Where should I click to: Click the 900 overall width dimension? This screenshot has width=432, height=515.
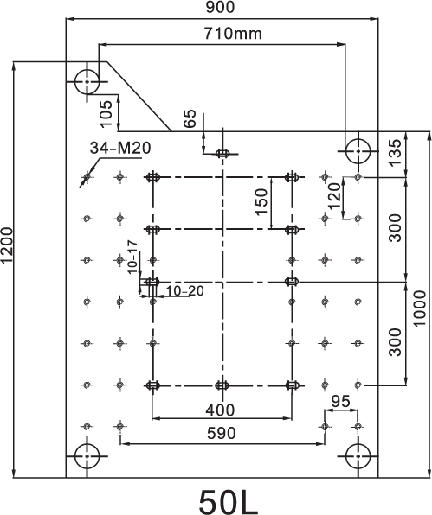pos(221,7)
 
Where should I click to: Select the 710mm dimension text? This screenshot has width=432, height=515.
pos(233,34)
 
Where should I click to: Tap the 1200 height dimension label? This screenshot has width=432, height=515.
pos(7,245)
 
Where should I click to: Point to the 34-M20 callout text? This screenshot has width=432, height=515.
pos(120,148)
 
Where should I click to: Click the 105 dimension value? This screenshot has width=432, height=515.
pos(106,114)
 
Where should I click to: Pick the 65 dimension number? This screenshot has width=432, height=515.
pos(190,118)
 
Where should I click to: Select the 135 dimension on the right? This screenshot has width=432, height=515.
pos(395,153)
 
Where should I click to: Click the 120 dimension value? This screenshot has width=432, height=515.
pos(335,196)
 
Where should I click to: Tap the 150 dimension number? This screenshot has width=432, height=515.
pos(261,201)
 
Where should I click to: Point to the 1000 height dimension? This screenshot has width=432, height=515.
pos(420,308)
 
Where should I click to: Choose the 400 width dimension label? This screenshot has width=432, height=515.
pos(221,410)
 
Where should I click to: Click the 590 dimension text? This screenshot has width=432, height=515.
pos(222,434)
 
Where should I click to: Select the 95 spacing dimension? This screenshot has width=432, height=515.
pos(340,401)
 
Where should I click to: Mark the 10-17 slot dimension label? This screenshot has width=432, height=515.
pos(132,257)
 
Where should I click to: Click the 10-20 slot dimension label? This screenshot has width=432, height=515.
pos(184,291)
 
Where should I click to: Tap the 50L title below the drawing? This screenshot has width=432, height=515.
pos(229,502)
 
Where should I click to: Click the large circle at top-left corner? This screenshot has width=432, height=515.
pos(87,70)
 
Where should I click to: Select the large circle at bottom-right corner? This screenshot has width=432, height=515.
pos(358,444)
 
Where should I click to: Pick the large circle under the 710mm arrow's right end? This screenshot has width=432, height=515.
pos(358,139)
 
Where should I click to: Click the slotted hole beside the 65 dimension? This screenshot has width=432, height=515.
pos(222,154)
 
